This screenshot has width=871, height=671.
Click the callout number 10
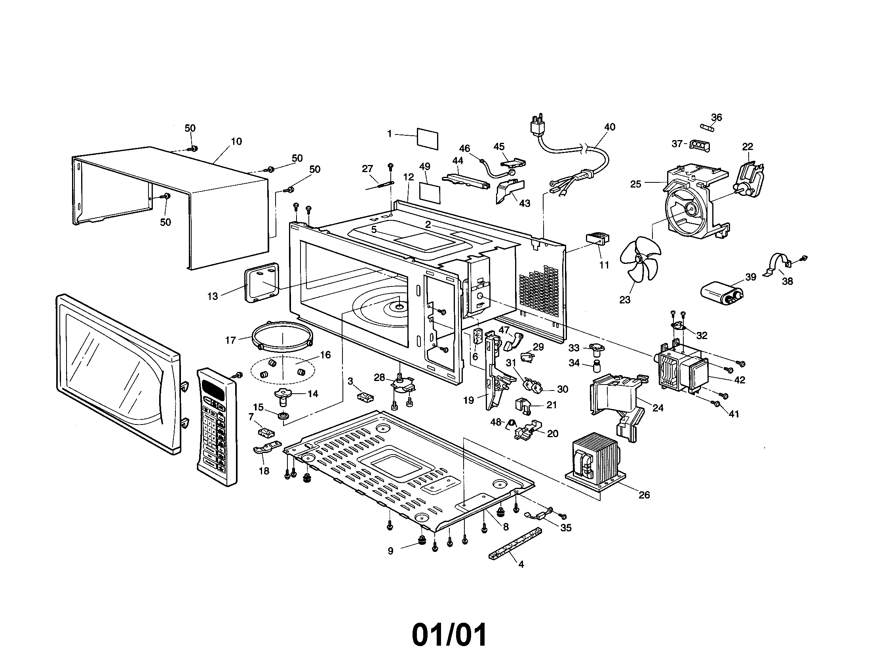point(236,142)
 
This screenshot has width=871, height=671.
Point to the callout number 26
point(644,495)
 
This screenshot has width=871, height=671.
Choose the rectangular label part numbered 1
point(427,138)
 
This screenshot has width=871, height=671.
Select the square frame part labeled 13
point(262,283)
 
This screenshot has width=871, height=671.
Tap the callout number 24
point(658,408)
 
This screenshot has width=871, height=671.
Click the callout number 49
point(425,167)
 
